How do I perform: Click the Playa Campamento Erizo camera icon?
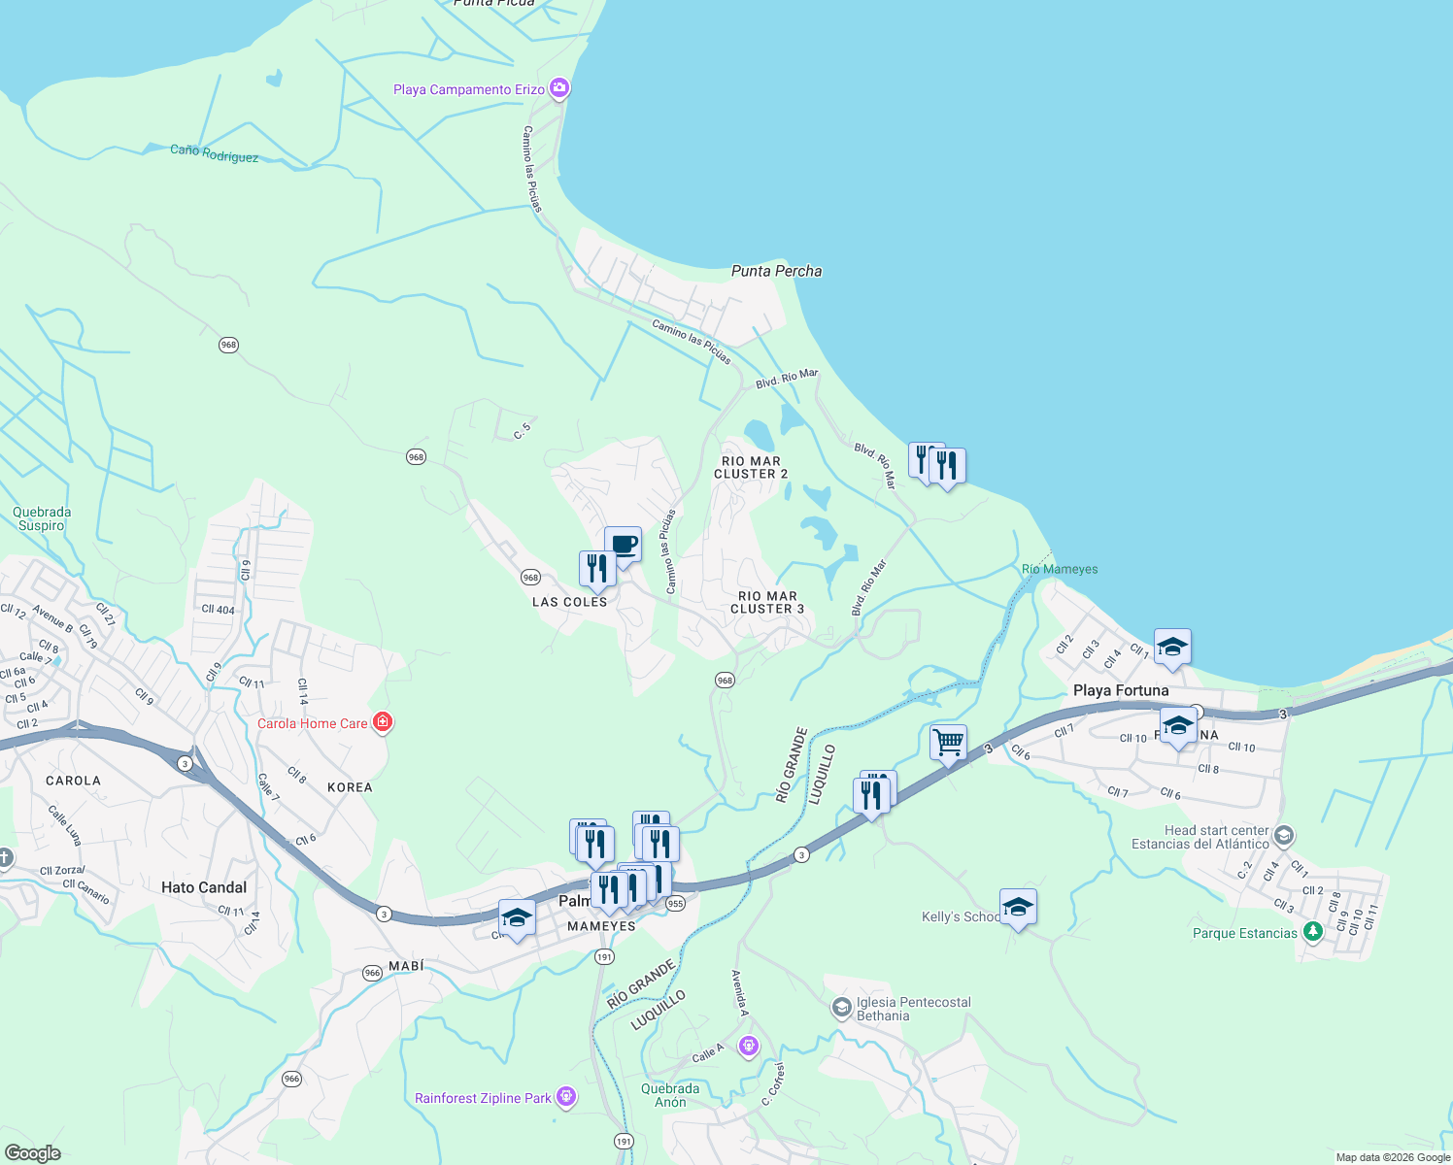point(558,89)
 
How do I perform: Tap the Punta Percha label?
point(776,271)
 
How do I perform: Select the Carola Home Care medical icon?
point(383,722)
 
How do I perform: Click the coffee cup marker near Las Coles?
point(623,545)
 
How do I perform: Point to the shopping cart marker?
point(948,743)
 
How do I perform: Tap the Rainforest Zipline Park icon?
point(566,1098)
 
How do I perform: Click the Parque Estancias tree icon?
point(1313,932)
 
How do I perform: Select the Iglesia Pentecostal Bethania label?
point(913,1009)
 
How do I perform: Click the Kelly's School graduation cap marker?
point(1017,908)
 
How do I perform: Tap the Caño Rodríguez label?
point(214,153)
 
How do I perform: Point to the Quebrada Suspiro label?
point(42,518)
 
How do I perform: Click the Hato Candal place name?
point(204,887)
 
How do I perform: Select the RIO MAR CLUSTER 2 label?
point(751,468)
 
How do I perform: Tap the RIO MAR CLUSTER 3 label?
point(767,603)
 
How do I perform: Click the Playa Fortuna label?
point(1121,690)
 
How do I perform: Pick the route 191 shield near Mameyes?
point(604,957)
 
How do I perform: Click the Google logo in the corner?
point(32,1152)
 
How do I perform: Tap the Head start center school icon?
point(1284,836)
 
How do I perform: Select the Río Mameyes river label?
point(1060,569)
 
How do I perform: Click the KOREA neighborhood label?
point(350,787)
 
